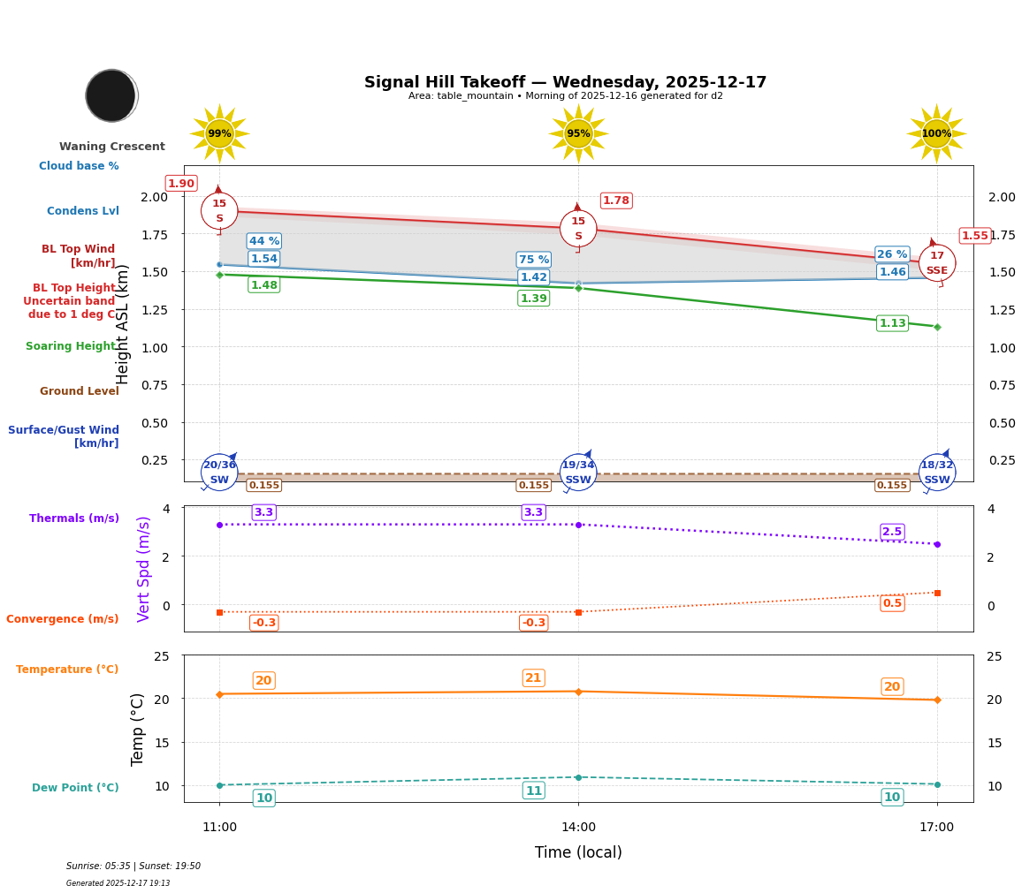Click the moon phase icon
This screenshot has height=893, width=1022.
pos(111,95)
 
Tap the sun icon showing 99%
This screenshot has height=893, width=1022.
pos(219,134)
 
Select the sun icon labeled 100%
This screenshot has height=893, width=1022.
pos(936,134)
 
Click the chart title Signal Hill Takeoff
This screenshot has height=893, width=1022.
pos(565,82)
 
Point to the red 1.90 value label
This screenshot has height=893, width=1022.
pos(181,184)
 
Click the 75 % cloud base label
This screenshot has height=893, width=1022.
pos(533,260)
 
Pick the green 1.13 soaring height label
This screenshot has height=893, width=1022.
pos(892,323)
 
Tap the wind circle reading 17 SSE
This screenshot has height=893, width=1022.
pos(936,262)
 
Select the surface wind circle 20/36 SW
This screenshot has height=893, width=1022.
pos(219,473)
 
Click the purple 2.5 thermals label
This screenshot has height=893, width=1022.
pos(892,532)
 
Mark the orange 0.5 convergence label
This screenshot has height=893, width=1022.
pos(892,603)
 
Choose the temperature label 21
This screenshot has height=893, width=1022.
pos(533,678)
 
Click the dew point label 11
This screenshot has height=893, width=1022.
pos(533,791)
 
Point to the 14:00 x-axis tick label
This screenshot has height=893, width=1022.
pos(578,828)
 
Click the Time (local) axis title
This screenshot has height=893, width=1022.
pos(578,852)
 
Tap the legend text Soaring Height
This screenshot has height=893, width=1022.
pos(71,346)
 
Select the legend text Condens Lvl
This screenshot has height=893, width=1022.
pos(83,211)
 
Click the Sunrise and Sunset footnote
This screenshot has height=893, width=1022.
pos(133,867)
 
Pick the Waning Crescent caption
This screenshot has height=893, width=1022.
pos(112,147)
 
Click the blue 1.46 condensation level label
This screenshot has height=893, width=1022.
pos(892,272)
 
